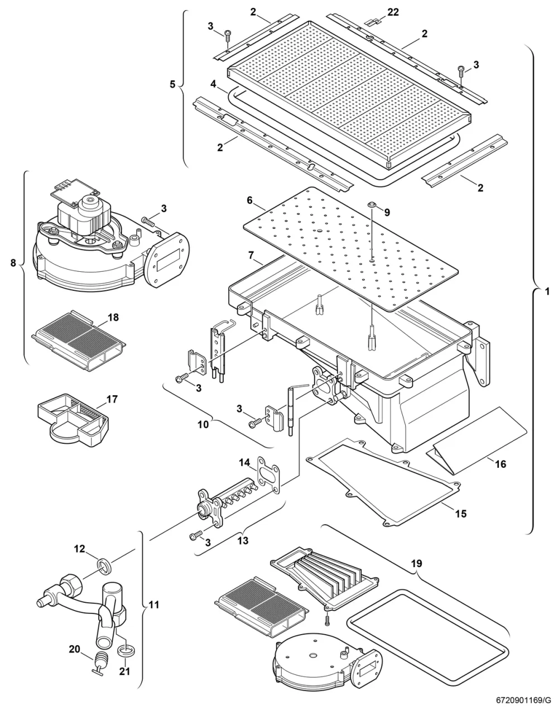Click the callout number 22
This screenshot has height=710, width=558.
393,12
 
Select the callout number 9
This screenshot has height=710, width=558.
387,213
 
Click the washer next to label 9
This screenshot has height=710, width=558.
372,205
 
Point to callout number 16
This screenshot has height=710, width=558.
501,464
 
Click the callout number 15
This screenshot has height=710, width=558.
461,514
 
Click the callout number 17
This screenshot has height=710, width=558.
112,399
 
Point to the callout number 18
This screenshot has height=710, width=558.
113,318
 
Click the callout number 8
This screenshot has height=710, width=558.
13,263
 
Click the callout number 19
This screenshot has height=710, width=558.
416,563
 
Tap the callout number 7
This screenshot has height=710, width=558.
251,255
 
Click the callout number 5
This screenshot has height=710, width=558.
172,84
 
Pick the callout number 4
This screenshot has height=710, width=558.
213,84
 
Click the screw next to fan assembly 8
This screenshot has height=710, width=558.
148,220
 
